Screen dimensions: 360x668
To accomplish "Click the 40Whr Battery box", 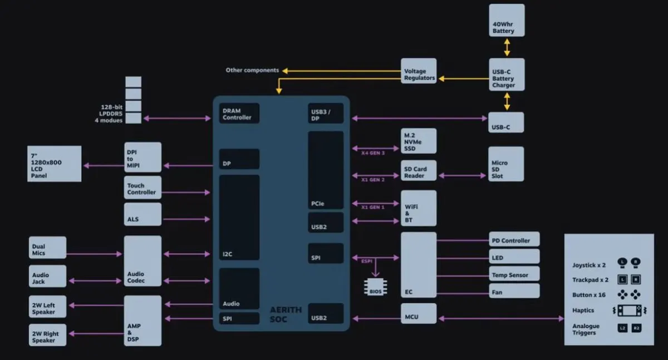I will pyautogui.click(x=507, y=21).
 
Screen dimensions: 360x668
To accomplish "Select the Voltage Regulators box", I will pyautogui.click(x=419, y=71).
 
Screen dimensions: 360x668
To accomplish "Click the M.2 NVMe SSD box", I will pyautogui.click(x=419, y=141).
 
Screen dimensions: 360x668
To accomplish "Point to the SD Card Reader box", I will pyautogui.click(x=419, y=170).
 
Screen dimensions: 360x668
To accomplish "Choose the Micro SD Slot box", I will pyautogui.click(x=506, y=164).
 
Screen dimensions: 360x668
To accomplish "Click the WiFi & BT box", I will pyautogui.click(x=419, y=208).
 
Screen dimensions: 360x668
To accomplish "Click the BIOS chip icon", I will pyautogui.click(x=375, y=287).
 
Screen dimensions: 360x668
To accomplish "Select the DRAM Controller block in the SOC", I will pyautogui.click(x=239, y=114).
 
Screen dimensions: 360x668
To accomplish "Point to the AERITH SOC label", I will pyautogui.click(x=286, y=314).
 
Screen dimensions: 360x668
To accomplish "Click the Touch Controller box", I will pyautogui.click(x=143, y=188).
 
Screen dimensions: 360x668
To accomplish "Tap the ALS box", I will pyautogui.click(x=143, y=214).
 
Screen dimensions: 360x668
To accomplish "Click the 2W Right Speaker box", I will pyautogui.click(x=47, y=334).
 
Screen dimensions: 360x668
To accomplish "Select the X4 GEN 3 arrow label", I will pyautogui.click(x=372, y=152).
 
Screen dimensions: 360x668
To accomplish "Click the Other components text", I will pyautogui.click(x=252, y=70).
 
